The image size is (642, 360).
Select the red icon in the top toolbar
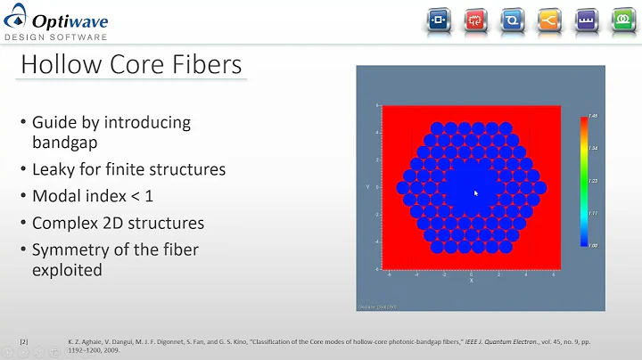476,19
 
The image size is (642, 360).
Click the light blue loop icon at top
514,19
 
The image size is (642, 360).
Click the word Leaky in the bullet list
53,168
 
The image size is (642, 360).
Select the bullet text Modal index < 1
94,195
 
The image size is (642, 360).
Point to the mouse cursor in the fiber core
475,192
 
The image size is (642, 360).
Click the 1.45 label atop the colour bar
593,117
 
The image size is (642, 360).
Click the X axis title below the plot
471,281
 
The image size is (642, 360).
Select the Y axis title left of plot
366,187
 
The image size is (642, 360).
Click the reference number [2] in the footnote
24,341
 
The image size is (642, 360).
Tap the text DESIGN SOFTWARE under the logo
56,37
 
